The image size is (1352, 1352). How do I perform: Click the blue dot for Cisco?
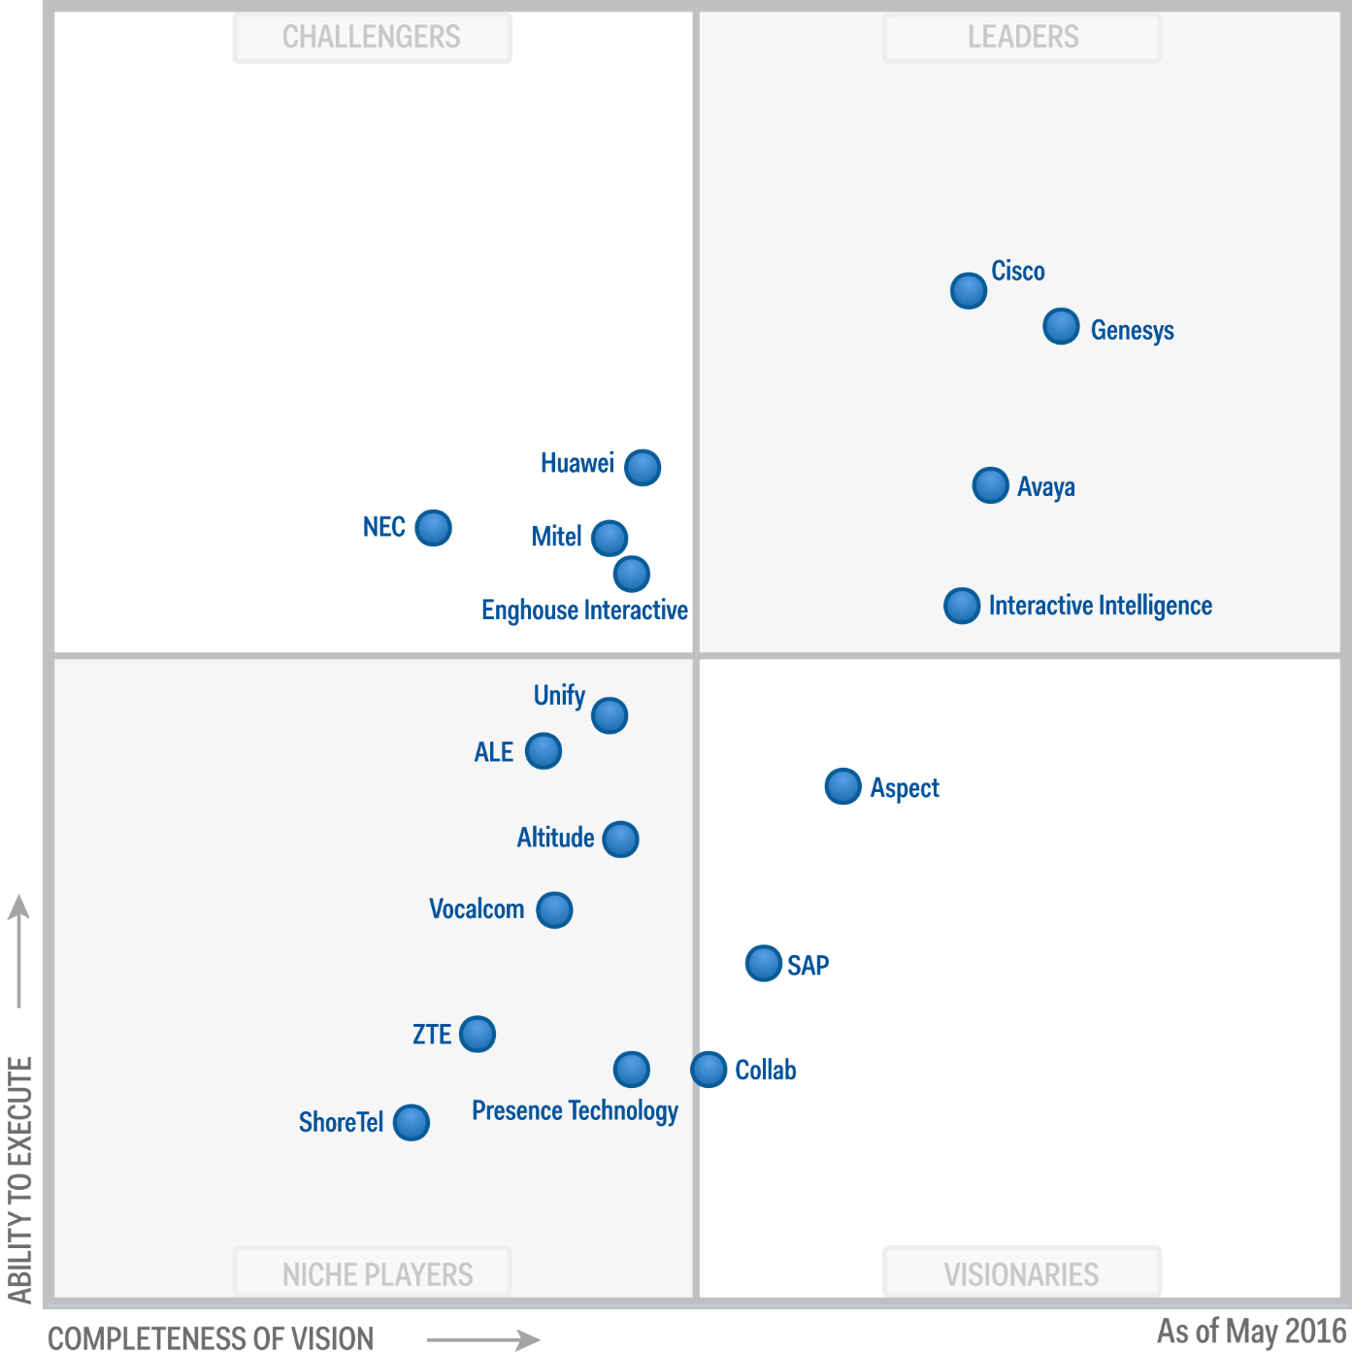click(969, 290)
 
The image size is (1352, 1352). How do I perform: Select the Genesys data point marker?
click(1061, 326)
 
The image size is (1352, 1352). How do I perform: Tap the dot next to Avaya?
click(990, 485)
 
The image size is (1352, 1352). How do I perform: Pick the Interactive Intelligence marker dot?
click(962, 606)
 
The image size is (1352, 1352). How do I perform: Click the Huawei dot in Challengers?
click(643, 468)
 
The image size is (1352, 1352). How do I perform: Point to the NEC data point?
click(433, 528)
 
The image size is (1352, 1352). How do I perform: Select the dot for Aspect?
click(842, 786)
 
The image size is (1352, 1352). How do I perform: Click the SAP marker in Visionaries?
click(764, 963)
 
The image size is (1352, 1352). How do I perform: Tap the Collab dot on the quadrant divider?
click(709, 1070)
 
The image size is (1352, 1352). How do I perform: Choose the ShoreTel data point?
click(412, 1123)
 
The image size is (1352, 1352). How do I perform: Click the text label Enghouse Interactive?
click(584, 610)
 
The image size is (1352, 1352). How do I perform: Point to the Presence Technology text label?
click(575, 1110)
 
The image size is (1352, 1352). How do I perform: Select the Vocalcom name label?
click(477, 909)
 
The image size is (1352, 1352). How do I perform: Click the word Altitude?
click(555, 838)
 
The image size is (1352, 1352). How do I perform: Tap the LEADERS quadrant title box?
click(1022, 38)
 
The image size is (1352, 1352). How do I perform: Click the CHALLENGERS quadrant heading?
click(372, 38)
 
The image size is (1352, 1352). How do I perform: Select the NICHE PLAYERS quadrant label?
click(377, 1273)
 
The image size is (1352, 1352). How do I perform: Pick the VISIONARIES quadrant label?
click(1021, 1273)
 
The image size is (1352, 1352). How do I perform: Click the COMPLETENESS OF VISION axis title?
click(211, 1337)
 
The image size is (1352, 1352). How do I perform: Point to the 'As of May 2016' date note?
click(1251, 1330)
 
